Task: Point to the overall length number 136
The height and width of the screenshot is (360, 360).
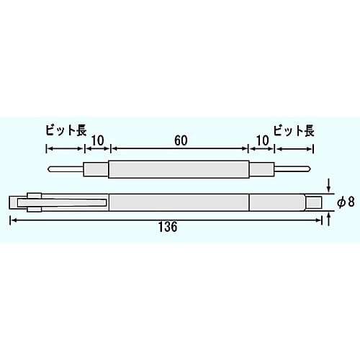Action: (166, 225)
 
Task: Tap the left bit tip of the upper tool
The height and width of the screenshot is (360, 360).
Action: (49, 171)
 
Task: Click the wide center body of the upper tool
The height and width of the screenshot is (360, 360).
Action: (179, 171)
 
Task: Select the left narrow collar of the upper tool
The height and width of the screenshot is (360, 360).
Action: (96, 171)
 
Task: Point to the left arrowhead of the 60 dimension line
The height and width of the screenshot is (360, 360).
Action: (112, 149)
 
